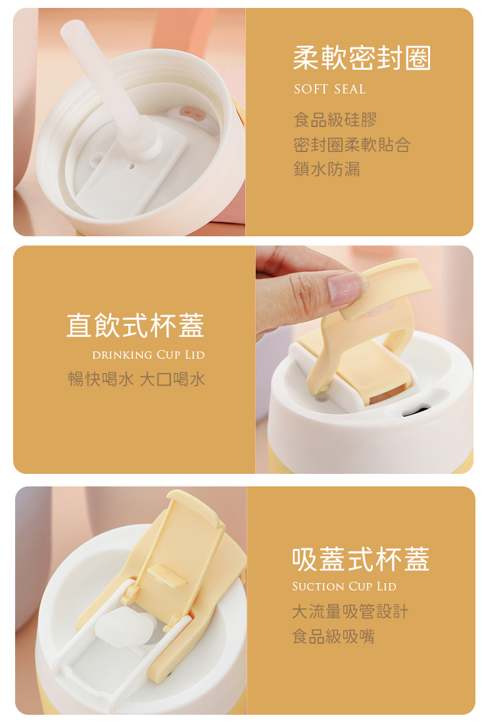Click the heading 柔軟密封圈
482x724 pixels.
(362, 58)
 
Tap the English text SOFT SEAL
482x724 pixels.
(330, 89)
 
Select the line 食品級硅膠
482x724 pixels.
(335, 120)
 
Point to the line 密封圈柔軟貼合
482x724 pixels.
(352, 145)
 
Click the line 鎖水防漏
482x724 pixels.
(327, 169)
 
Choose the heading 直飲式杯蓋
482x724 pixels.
(135, 326)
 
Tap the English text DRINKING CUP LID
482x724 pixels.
(148, 355)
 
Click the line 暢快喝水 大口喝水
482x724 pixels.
(137, 379)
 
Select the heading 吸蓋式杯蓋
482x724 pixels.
(361, 559)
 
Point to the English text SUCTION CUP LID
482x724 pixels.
(344, 586)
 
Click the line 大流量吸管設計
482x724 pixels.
(350, 611)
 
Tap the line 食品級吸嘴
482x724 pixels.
(333, 636)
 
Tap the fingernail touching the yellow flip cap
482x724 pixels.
(344, 288)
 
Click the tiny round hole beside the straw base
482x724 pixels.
(132, 165)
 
